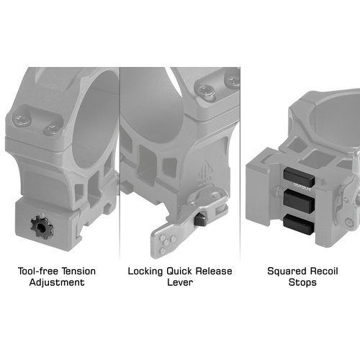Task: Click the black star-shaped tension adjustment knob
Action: coord(42,227)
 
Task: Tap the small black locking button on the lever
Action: coord(199,220)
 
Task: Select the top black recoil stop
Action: coord(299,177)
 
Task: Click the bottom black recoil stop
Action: coord(299,224)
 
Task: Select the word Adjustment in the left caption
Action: coord(57,282)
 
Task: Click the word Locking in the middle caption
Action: coord(145,271)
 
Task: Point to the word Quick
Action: coord(179,271)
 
